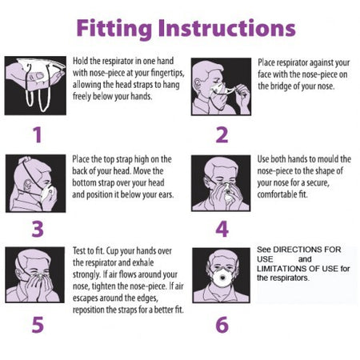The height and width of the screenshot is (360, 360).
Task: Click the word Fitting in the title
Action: [x=114, y=29]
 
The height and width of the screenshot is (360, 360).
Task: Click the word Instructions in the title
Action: [x=226, y=28]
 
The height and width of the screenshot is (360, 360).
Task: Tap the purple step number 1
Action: [x=38, y=135]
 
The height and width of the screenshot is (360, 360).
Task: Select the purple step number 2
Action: [x=222, y=135]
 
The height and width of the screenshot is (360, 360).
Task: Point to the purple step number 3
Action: [x=38, y=229]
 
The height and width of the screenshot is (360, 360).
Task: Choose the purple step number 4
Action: [x=222, y=229]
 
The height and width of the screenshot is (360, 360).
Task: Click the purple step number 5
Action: [x=38, y=325]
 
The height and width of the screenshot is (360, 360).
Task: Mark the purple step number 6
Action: [x=222, y=325]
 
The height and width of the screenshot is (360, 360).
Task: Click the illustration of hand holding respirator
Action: [x=35, y=86]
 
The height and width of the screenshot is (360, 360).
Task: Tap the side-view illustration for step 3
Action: [x=35, y=183]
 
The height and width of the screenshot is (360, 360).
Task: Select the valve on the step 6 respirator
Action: [x=222, y=278]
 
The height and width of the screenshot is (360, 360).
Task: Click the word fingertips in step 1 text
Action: [x=167, y=73]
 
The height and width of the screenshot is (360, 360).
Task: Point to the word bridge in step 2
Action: [x=281, y=86]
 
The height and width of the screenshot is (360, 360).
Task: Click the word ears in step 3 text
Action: [x=166, y=195]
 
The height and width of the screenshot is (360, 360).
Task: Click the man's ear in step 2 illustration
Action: [x=198, y=86]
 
